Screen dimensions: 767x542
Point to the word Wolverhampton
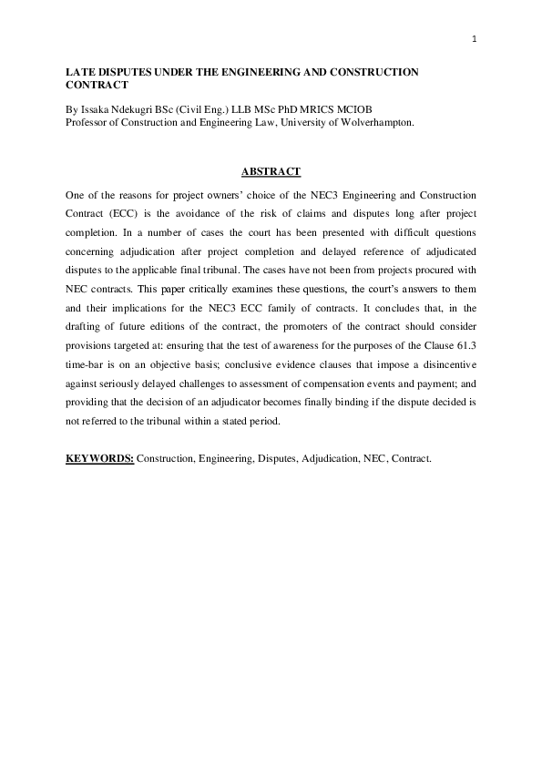pyautogui.click(x=374, y=121)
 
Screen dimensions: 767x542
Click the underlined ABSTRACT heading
pyautogui.click(x=271, y=172)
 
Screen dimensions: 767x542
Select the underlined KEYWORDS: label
pyautogui.click(x=99, y=458)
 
